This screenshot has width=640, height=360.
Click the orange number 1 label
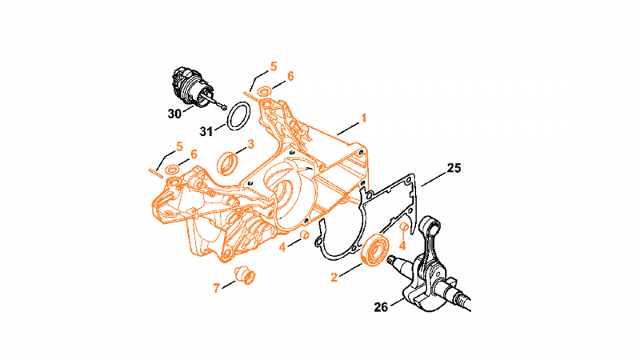(363, 118)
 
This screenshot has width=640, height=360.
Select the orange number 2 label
(334, 278)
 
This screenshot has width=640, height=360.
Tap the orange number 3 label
(250, 144)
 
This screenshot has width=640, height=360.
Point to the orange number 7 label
(216, 288)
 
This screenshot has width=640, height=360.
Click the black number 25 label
(454, 168)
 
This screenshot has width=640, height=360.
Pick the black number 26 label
(381, 307)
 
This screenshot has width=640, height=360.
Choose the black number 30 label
(174, 114)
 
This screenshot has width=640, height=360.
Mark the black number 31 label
(206, 131)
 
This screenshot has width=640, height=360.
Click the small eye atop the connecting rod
(430, 226)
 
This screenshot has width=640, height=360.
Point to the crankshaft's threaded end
(464, 302)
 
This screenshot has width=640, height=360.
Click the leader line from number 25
(434, 178)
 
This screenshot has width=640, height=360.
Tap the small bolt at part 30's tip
(224, 107)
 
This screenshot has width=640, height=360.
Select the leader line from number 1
(347, 128)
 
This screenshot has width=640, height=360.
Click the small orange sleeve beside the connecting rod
(404, 227)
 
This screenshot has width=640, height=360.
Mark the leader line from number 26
(398, 303)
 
